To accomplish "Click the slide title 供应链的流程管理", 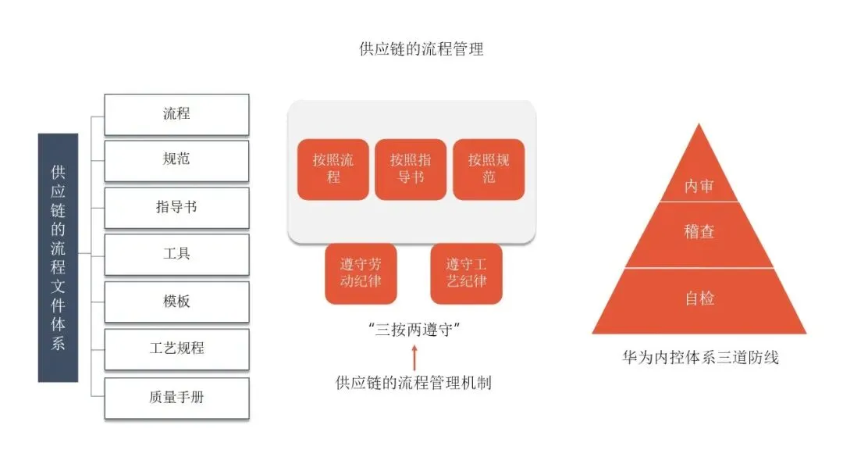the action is click(421, 49).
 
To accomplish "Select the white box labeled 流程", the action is click(176, 114).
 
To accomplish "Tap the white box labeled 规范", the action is click(176, 160).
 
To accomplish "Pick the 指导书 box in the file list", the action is click(176, 208).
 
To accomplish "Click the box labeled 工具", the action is click(176, 255).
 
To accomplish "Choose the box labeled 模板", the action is click(176, 302).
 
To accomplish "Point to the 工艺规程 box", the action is click(176, 349).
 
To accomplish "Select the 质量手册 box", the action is click(176, 398).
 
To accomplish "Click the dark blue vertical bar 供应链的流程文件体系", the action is click(59, 257).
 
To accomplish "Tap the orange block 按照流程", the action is click(333, 170).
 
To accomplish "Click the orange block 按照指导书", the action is click(411, 170).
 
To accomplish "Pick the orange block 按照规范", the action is click(489, 170).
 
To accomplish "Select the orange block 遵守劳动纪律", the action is click(360, 273).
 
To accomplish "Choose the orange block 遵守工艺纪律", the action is click(466, 273).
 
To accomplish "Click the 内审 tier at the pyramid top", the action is click(699, 186).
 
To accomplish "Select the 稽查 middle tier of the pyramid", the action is click(699, 233).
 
